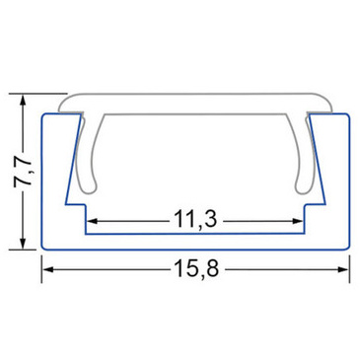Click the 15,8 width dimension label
coord(196,268)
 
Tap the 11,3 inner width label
coord(195,219)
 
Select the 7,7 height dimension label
coord(23,172)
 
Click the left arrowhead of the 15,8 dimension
coord(48,269)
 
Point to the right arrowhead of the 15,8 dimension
coord(342,269)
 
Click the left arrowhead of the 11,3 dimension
coord(93,221)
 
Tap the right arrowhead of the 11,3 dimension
coord(297,221)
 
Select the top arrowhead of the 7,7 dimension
coord(23,100)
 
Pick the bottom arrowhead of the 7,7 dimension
coord(23,243)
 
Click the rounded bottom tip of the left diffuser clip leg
coord(88,190)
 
